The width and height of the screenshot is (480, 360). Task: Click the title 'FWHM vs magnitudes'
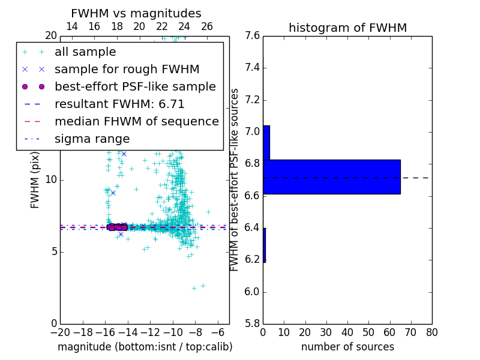pos(136,13)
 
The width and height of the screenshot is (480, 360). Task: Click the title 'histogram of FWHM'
pos(347,28)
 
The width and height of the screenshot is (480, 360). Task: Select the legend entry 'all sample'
pos(85,52)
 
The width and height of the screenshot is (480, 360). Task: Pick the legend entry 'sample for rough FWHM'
pos(127,70)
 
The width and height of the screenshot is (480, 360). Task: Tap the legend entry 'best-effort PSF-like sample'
pos(135,87)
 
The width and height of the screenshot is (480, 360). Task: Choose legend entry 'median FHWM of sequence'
pos(136,122)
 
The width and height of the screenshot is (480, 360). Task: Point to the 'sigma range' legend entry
pos(92,139)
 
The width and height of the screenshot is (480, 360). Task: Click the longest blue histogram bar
pos(331,177)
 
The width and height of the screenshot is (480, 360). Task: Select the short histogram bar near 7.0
pos(266,143)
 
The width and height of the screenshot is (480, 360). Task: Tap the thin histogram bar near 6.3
pos(264,245)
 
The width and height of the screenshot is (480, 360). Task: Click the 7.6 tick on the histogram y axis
pos(253,36)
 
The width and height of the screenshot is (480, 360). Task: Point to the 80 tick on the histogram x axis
pos(431,332)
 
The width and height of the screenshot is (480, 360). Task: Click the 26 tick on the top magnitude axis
pos(207,26)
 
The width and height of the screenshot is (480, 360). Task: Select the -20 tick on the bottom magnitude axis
pos(60,332)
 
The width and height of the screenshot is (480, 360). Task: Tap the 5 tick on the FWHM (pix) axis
pos(53,251)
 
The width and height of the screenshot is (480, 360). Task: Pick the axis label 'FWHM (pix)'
pos(35,179)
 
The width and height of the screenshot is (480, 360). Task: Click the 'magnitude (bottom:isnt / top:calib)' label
pos(145,347)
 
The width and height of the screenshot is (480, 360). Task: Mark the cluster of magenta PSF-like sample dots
pos(117,227)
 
